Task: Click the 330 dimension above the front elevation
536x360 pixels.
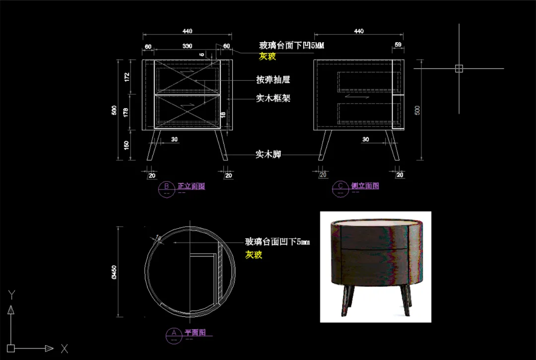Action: point(187,46)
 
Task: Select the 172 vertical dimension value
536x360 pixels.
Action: point(127,77)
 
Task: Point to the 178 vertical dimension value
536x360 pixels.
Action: point(127,113)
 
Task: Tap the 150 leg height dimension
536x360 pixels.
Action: point(127,145)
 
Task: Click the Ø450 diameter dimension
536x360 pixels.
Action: point(114,272)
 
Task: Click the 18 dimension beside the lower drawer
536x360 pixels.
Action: point(223,115)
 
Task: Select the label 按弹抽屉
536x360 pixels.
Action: point(273,79)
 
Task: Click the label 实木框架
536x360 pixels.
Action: point(273,98)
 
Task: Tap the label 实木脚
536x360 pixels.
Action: point(268,155)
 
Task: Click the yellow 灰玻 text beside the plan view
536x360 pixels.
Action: point(254,254)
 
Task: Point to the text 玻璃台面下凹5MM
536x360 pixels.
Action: point(291,46)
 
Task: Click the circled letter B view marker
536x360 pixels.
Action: point(166,187)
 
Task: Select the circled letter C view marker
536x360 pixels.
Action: point(340,187)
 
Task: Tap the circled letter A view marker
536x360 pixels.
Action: point(174,333)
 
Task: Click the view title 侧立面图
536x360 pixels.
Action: point(365,186)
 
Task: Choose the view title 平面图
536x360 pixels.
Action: point(195,332)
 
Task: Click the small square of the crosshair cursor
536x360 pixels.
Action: point(459,69)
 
